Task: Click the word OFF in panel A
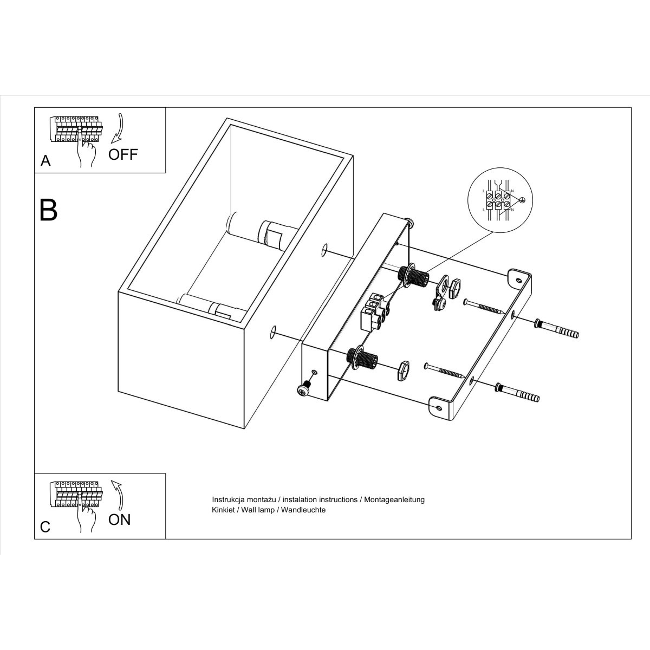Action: [123, 154]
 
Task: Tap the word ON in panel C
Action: [119, 519]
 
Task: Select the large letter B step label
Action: [49, 210]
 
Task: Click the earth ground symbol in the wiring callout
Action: [523, 200]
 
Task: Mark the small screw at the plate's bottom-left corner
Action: [305, 388]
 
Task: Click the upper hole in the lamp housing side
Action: [324, 250]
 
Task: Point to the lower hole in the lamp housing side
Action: [273, 332]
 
